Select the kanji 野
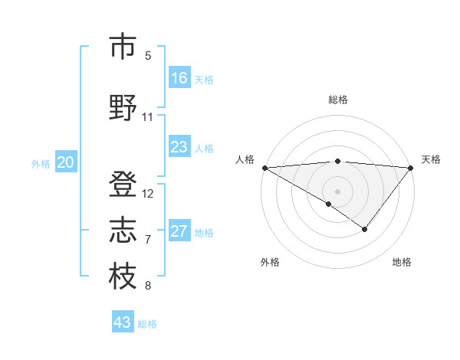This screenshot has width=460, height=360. (123, 107)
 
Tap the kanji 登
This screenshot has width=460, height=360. (123, 184)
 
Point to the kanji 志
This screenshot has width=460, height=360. (123, 230)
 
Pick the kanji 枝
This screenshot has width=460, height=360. (123, 277)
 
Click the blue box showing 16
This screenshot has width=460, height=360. (179, 78)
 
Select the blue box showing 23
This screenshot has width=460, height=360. (179, 147)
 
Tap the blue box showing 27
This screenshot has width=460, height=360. (179, 231)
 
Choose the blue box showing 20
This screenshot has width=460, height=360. (66, 162)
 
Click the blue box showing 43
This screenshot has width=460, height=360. (123, 322)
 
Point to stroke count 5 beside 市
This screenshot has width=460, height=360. (148, 56)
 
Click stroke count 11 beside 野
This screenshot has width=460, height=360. (148, 117)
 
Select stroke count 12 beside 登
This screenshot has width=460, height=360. (148, 193)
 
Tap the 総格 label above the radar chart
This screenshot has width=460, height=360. (338, 100)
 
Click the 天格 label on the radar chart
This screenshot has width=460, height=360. (431, 159)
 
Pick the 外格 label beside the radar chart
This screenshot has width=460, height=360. (270, 262)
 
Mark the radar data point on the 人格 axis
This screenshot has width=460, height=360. (264, 167)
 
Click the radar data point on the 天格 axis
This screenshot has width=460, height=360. (412, 167)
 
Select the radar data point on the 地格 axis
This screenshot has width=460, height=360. (365, 229)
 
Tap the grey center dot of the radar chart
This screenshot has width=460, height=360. (338, 191)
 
